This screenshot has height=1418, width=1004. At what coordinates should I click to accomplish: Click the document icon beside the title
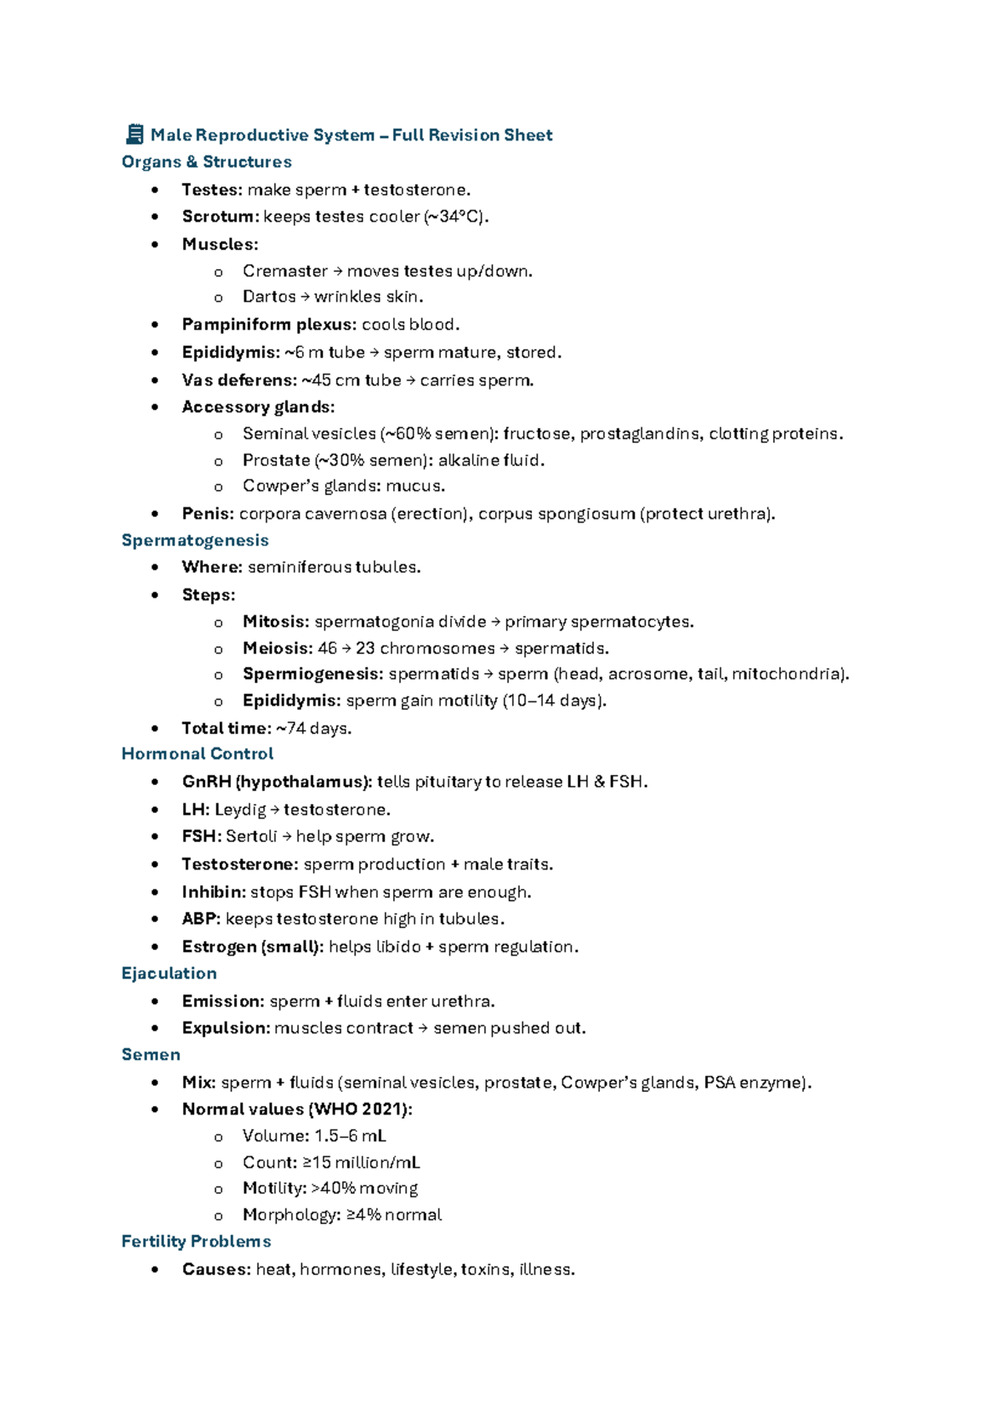134,134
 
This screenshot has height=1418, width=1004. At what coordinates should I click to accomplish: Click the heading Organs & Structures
207,161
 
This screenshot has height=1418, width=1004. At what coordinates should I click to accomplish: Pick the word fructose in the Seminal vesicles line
538,434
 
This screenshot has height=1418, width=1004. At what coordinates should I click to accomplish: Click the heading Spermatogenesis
195,540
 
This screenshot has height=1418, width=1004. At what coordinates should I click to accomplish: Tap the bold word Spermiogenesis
312,674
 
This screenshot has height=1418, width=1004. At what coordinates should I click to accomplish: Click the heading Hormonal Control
197,754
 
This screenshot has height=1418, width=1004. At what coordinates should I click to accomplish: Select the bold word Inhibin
213,892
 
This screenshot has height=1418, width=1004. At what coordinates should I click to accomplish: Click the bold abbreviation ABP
200,919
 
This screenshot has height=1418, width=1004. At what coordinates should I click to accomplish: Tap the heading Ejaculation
169,973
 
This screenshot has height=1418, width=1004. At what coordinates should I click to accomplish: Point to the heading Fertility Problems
196,1242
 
